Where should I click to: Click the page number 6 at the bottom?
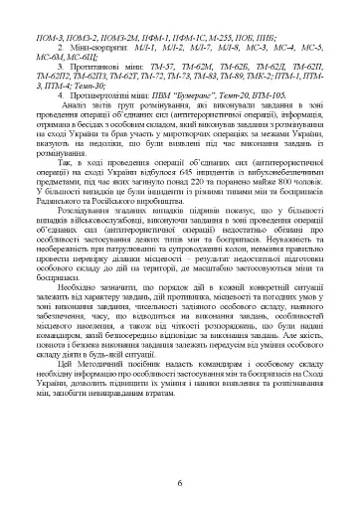[x=180, y=483]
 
